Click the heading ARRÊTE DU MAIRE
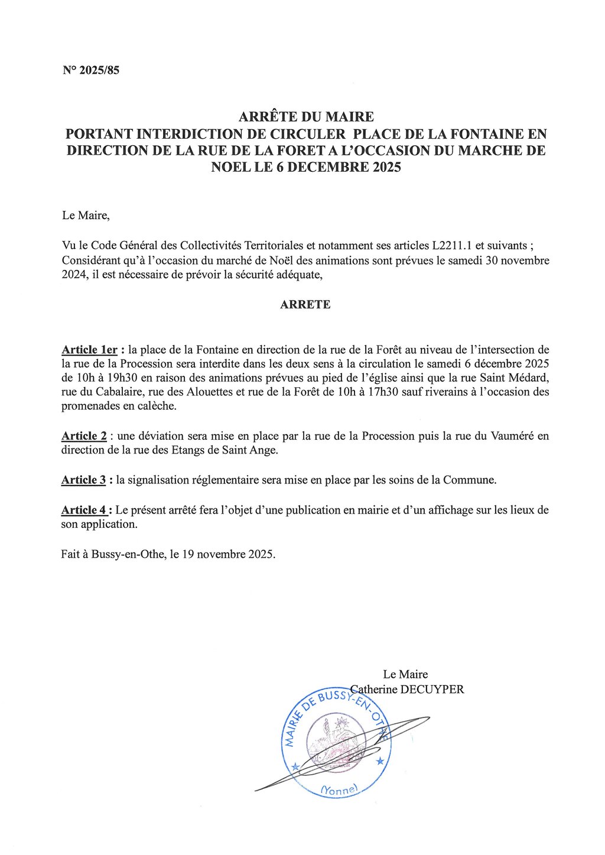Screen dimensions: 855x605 coord(306,117)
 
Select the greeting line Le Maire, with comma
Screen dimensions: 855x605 coord(86,215)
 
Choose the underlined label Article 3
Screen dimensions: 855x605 coord(83,479)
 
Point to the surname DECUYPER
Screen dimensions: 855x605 coord(432,689)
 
